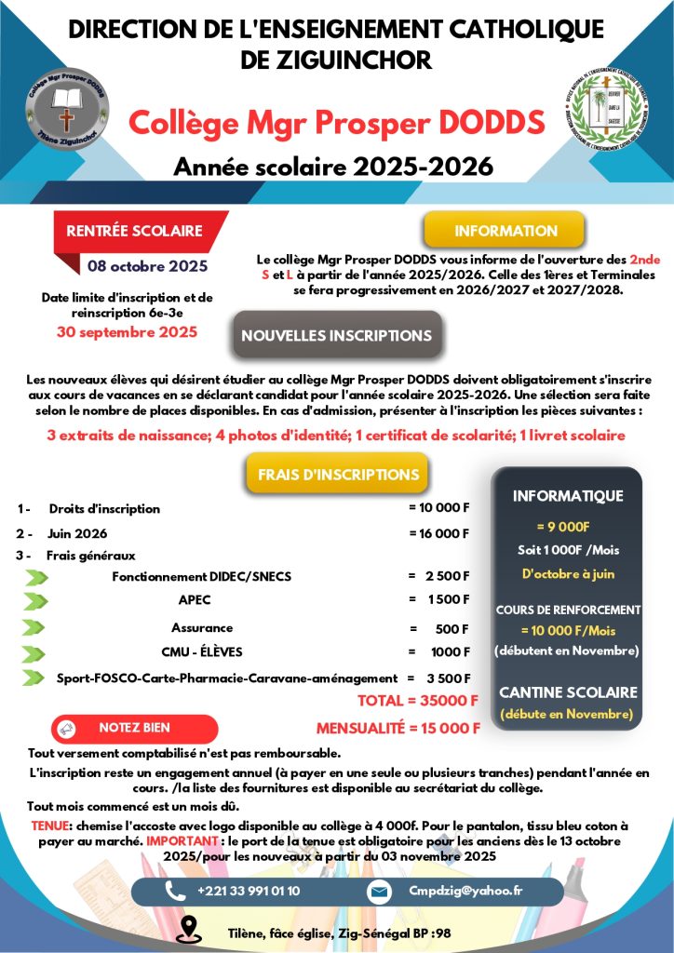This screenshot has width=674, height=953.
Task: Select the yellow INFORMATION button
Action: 505,230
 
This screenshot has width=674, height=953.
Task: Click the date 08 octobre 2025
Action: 147,266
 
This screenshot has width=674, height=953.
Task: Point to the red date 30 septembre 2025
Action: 127,330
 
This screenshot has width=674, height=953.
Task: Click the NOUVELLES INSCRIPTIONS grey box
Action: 336,336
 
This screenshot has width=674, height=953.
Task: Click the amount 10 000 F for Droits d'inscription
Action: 439,508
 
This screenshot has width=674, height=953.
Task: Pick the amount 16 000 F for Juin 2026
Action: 439,533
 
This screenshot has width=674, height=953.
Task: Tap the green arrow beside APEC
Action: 35,600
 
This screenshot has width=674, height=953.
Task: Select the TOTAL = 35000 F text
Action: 418,700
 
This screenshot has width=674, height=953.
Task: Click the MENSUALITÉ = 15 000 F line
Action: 398,728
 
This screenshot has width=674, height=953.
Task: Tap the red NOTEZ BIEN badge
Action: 134,728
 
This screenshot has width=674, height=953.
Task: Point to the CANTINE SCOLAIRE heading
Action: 568,692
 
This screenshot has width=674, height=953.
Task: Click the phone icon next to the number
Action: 174,891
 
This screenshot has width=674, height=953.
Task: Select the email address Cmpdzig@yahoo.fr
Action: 465,891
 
